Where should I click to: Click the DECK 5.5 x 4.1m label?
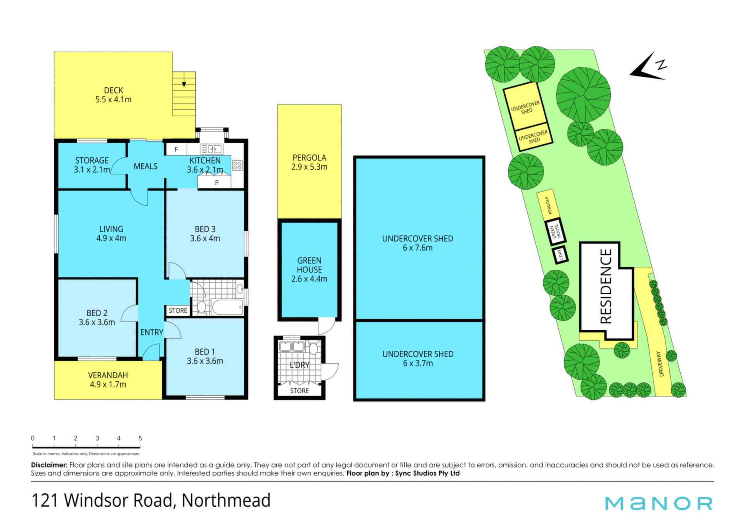[113, 95]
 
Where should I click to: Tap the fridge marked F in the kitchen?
[177, 149]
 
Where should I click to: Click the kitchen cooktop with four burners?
[237, 166]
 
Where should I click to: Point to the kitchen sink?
[211, 149]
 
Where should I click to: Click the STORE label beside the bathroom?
[178, 310]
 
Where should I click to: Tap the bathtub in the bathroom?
[228, 307]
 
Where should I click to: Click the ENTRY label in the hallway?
[152, 332]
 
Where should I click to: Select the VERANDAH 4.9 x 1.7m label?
[108, 380]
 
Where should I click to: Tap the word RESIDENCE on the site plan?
[606, 286]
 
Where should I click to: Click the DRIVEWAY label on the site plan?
[660, 364]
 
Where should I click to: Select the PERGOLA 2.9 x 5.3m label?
[309, 162]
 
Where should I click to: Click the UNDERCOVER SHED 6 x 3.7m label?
[418, 359]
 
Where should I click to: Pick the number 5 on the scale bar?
[140, 438]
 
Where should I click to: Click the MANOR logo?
[659, 503]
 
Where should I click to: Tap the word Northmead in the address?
[226, 500]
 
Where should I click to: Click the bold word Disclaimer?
[49, 465]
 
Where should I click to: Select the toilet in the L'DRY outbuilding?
[314, 349]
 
